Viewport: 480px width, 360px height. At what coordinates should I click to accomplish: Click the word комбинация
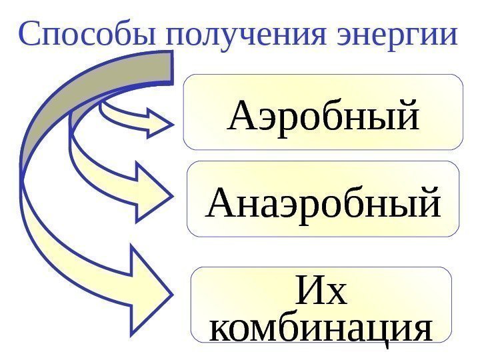pos(321,329)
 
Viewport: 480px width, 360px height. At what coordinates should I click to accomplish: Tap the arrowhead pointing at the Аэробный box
pos(160,124)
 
